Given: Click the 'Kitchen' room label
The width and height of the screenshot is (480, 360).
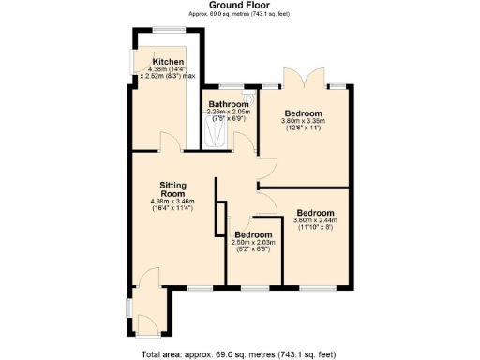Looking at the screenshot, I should [x=155, y=62].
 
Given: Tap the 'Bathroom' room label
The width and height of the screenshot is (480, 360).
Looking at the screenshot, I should [x=228, y=103].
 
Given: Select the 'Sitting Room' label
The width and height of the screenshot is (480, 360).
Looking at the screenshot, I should [x=176, y=189].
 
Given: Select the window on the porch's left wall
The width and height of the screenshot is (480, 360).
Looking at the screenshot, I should [x=129, y=308].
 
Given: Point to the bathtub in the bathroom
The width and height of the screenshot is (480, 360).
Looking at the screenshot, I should [x=214, y=131].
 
